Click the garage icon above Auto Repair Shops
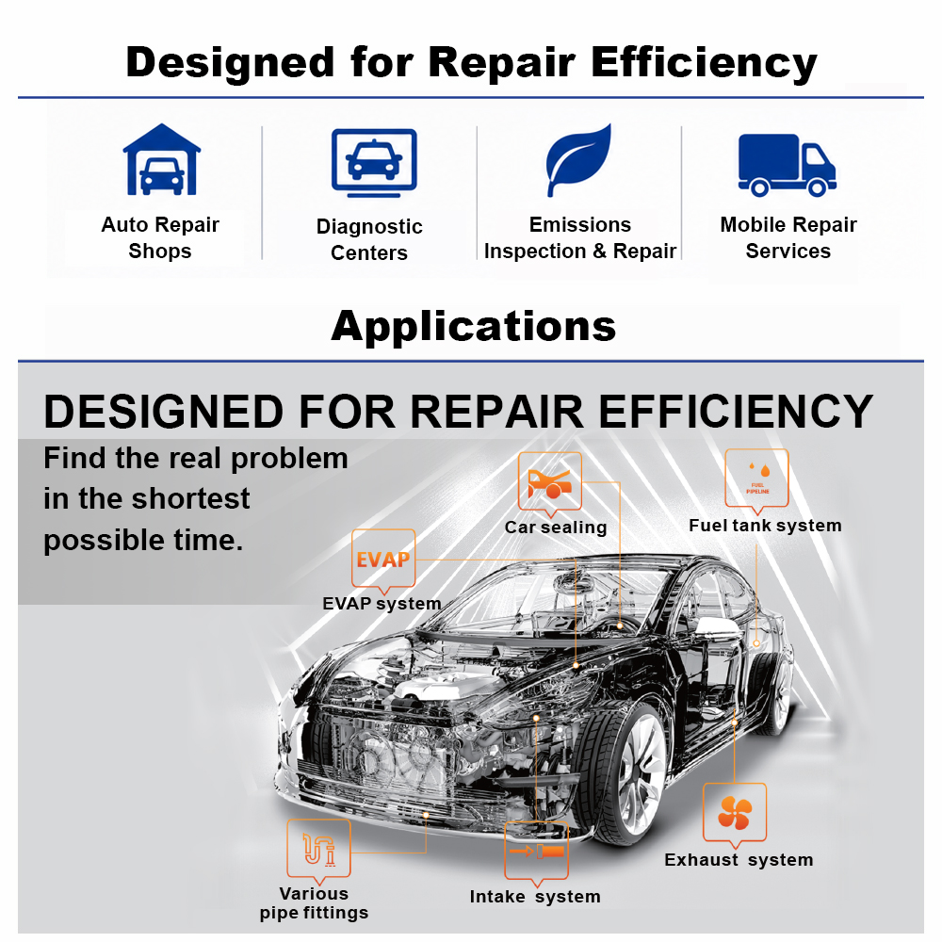[161, 160]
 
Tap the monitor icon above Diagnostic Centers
[374, 163]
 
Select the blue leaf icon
[578, 160]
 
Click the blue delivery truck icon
[787, 165]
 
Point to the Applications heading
[474, 327]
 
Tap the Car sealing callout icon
[550, 484]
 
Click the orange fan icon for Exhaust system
[735, 813]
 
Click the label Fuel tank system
[765, 526]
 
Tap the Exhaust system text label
[739, 860]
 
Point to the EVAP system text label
[382, 604]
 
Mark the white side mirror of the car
[717, 627]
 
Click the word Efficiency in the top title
[704, 62]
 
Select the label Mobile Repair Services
[788, 237]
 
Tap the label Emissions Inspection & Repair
[579, 237]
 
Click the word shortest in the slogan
[190, 498]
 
